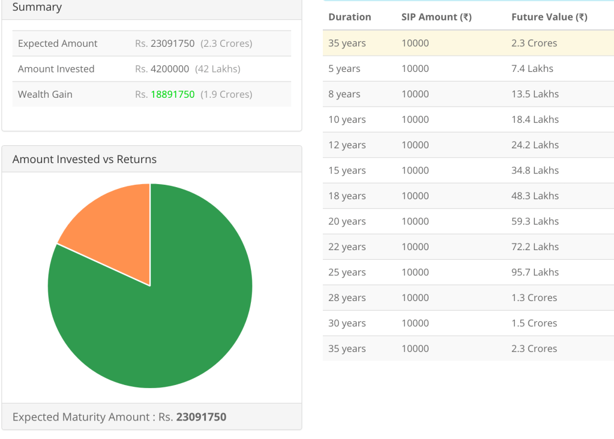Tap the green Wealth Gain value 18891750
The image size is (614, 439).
coord(173,94)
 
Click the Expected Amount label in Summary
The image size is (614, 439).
coord(58,43)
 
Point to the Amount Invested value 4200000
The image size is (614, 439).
coord(170,69)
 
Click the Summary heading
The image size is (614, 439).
coord(37,7)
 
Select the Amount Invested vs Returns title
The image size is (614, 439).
coord(85,160)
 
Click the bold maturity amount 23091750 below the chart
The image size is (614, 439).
coord(201,417)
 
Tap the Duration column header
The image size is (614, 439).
coord(350,17)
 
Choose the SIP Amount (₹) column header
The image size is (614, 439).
coord(436,17)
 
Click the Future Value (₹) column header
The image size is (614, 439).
coord(549,17)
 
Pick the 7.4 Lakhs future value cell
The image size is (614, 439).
coord(532,68)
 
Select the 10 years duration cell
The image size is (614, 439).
coord(347,119)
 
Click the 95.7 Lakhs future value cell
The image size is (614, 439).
coord(535,272)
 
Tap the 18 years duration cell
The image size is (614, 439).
coord(347,196)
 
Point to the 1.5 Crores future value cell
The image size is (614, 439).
coord(534,323)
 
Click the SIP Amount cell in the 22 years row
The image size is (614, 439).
coord(415,246)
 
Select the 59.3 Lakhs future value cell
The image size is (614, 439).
coord(535,221)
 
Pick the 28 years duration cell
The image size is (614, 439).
coord(347,297)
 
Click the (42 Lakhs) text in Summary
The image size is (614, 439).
coord(218,69)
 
